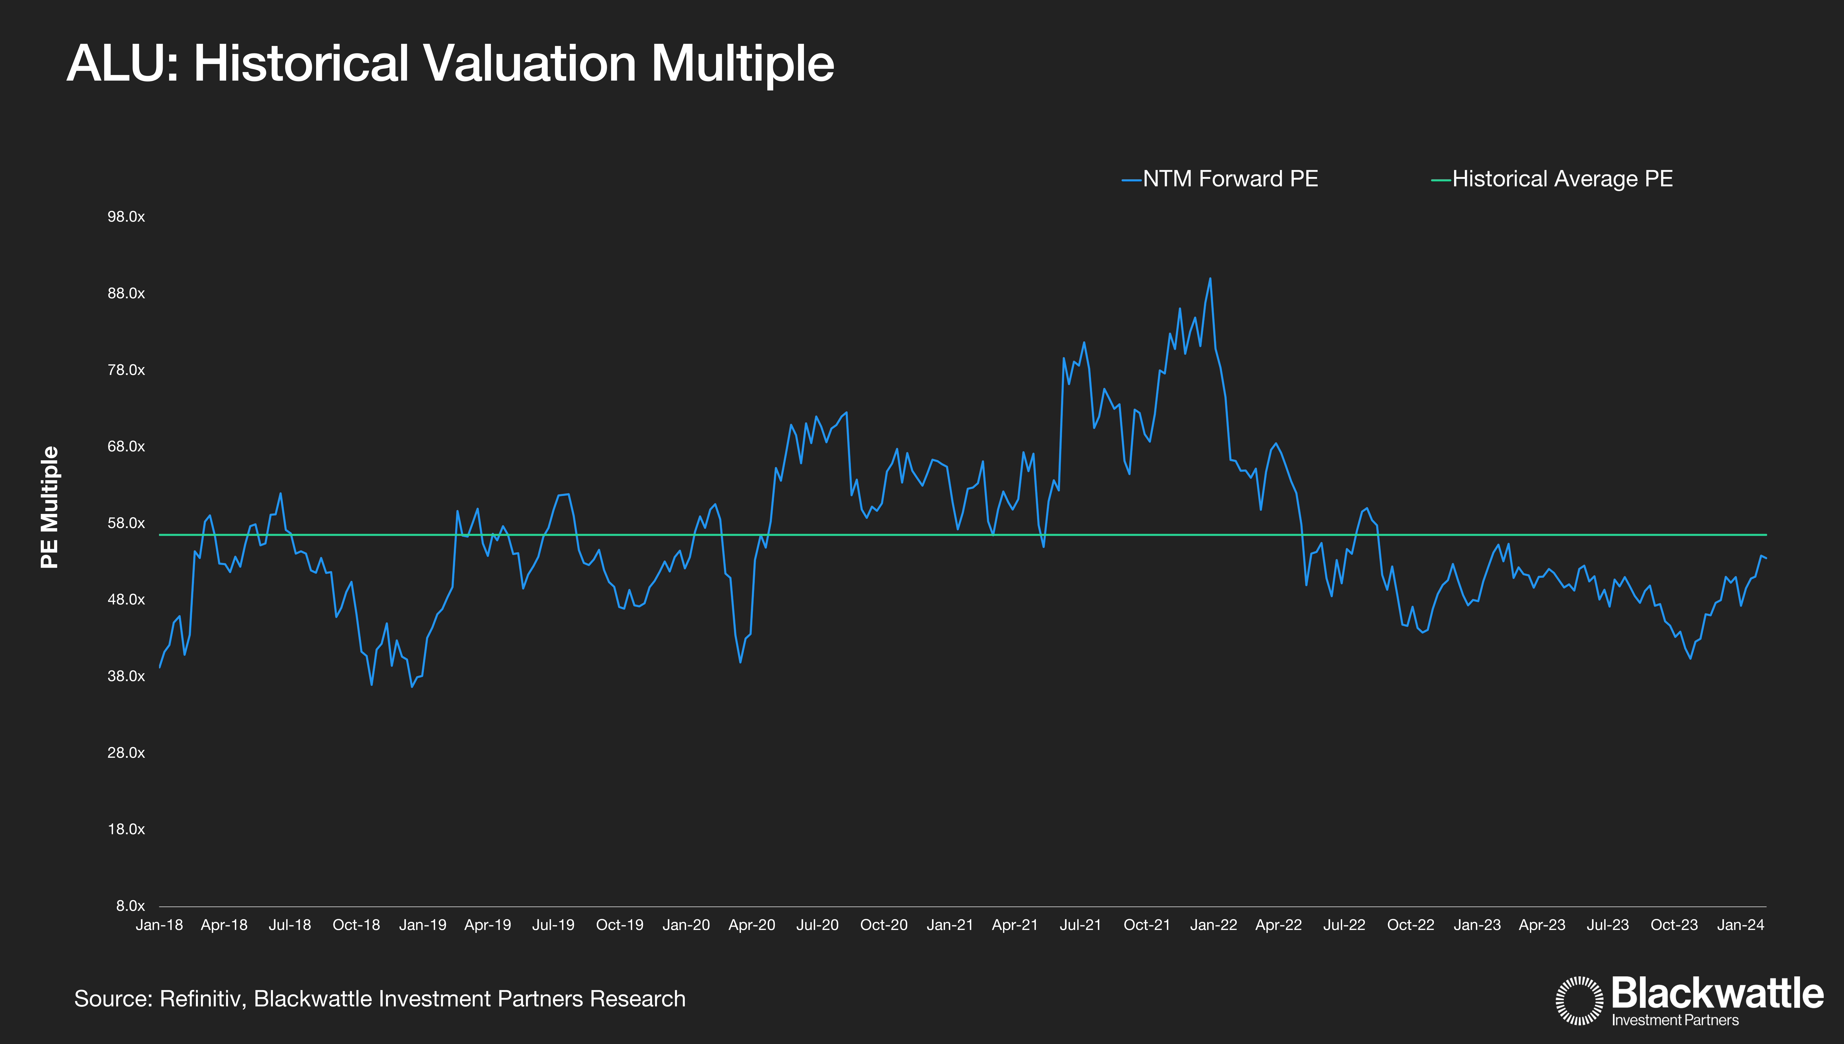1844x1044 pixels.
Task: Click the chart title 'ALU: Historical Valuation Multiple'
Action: click(450, 64)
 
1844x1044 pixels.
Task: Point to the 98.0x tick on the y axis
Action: click(126, 216)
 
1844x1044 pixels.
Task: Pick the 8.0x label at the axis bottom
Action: click(131, 906)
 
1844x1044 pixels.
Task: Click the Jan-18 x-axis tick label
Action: click(159, 925)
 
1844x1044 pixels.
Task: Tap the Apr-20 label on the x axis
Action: click(752, 925)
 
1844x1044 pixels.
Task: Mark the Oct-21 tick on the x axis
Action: click(1147, 925)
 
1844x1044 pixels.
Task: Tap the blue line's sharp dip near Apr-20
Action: click(740, 661)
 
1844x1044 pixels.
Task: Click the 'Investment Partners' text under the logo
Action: click(1675, 1020)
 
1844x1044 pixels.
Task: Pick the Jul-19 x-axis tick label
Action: click(553, 925)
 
